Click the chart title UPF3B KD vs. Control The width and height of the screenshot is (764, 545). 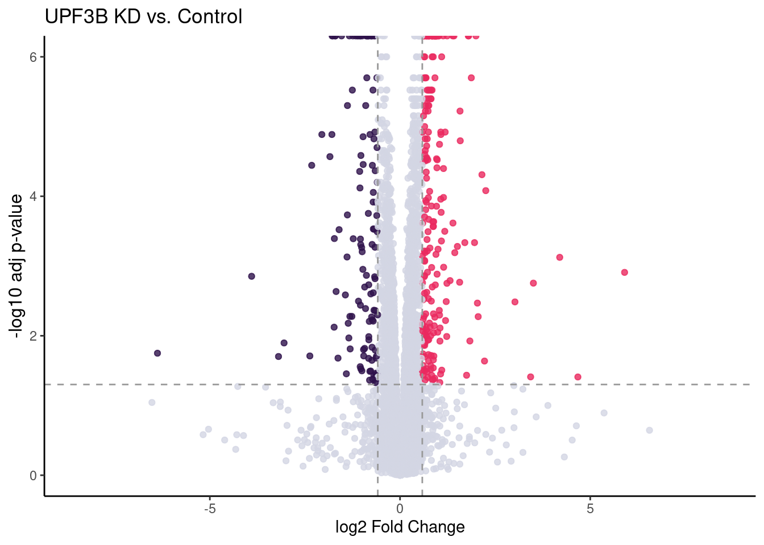tap(143, 16)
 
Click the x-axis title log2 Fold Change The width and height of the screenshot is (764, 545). tap(400, 527)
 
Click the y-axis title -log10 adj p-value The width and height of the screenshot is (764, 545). tap(16, 266)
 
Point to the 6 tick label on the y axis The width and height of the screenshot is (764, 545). tap(34, 57)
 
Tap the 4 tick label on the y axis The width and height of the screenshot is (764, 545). tap(34, 196)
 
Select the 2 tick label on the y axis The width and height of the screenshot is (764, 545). tap(34, 336)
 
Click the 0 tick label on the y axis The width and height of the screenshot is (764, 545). tap(34, 476)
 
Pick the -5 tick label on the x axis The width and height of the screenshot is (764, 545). tap(210, 508)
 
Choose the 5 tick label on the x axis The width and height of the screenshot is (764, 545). tap(590, 508)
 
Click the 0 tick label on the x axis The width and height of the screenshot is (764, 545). tap(400, 508)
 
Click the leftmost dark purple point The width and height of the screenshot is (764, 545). tap(157, 353)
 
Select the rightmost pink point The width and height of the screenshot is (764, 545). tap(624, 272)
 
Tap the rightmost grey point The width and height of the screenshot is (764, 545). tap(649, 430)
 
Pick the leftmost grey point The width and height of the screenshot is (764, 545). tap(152, 403)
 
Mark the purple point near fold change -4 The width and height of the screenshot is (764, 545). tap(251, 276)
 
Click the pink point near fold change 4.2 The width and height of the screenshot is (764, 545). tap(559, 257)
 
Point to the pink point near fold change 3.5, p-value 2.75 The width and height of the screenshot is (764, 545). tap(533, 283)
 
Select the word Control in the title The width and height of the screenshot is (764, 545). tap(210, 16)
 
